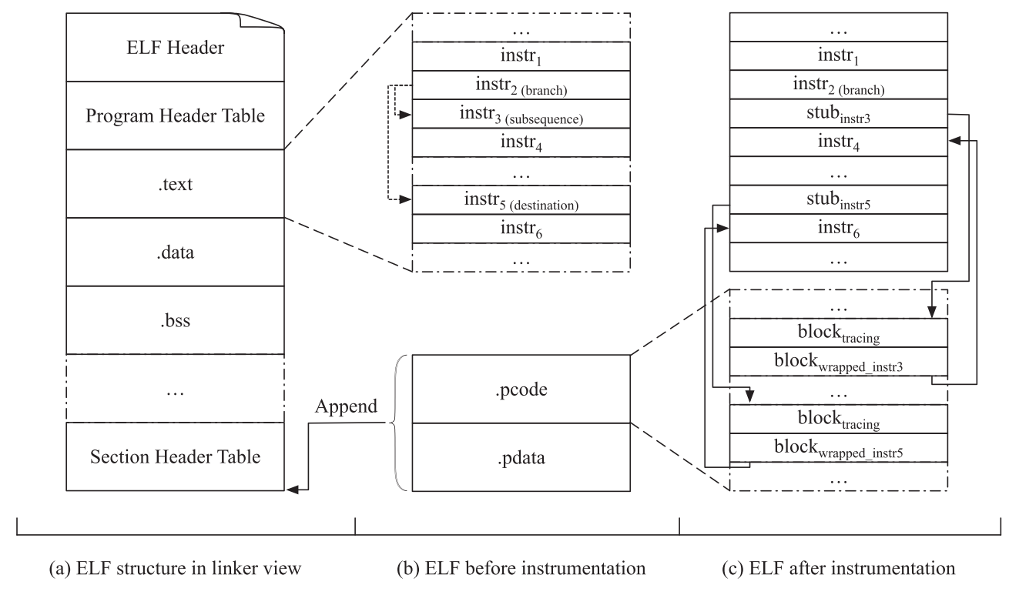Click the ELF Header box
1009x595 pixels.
click(176, 47)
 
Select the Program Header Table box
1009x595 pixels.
click(176, 115)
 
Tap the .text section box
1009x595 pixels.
click(176, 184)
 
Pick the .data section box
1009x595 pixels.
click(176, 252)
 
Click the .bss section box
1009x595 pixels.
click(176, 319)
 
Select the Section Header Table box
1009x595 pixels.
click(176, 456)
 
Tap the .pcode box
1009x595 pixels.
click(521, 389)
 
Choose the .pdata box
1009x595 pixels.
click(521, 456)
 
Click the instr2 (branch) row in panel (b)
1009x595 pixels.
click(521, 85)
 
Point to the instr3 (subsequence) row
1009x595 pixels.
click(521, 115)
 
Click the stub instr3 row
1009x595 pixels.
click(838, 115)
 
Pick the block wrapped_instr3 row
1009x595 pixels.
click(838, 361)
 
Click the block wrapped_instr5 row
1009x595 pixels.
click(838, 447)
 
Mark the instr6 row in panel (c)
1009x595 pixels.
click(838, 229)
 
